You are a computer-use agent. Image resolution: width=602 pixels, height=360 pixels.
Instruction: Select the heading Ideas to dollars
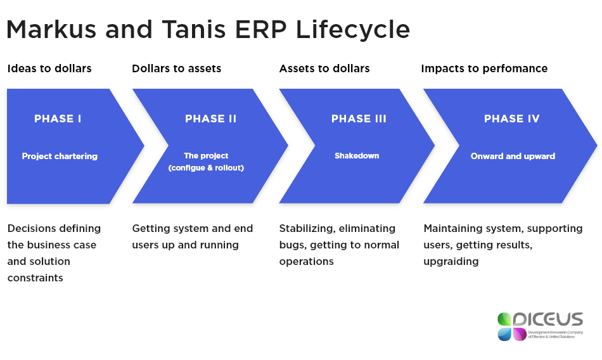(x=49, y=68)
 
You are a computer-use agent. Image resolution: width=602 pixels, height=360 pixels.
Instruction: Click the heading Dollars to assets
(x=176, y=68)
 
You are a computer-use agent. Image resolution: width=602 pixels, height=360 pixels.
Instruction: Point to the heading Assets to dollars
(x=324, y=68)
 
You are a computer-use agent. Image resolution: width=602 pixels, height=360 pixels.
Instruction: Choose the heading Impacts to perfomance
(x=484, y=68)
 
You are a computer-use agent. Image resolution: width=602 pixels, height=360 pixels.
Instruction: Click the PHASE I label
(x=58, y=119)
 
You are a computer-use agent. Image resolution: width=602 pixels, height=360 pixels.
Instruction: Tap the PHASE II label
(x=210, y=119)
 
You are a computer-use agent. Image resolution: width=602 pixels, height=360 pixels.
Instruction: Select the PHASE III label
(x=359, y=119)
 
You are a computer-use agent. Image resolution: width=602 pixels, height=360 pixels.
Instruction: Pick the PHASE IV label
(x=511, y=119)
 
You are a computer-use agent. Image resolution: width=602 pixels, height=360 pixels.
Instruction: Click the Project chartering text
(x=60, y=156)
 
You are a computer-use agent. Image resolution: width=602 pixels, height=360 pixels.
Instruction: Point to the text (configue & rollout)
(x=206, y=168)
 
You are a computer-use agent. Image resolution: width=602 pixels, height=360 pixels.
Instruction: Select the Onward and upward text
(x=513, y=156)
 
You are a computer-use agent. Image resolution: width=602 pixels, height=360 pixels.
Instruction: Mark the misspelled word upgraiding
(x=451, y=261)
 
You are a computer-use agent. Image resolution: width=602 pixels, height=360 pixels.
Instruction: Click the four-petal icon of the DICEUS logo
(x=512, y=326)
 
